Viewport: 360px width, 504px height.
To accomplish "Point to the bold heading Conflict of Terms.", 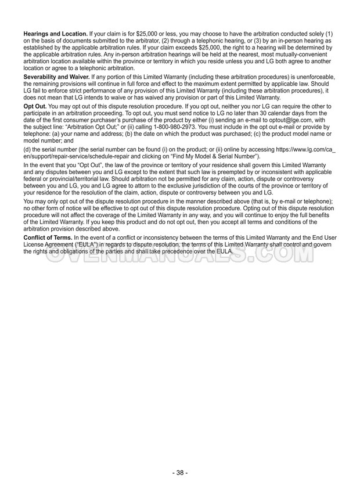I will pyautogui.click(x=47, y=238).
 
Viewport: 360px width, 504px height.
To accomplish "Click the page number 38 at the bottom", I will pyautogui.click(x=179, y=473).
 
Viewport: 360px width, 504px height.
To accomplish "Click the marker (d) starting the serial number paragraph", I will pyautogui.click(x=27, y=150).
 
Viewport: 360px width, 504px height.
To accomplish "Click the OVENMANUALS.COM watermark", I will pyautogui.click(x=179, y=255).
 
